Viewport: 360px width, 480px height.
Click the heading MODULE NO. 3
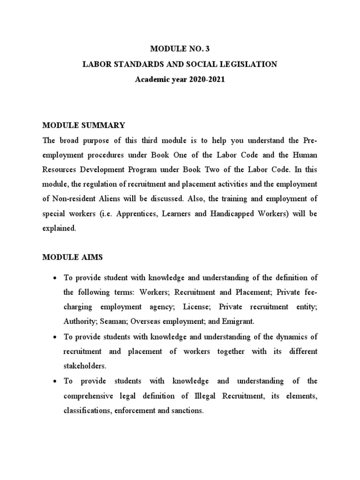tap(180, 48)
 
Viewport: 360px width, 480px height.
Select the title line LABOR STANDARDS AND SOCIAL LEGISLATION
tap(180, 64)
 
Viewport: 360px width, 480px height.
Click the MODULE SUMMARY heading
tap(83, 125)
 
